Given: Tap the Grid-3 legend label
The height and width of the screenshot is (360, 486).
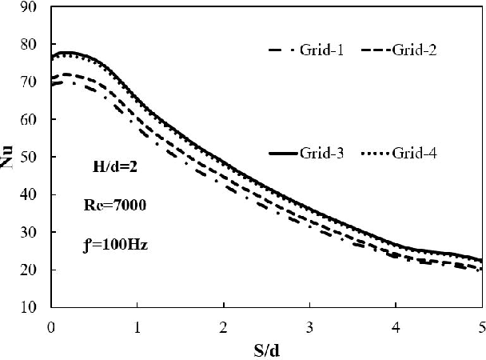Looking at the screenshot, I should point(324,153).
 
